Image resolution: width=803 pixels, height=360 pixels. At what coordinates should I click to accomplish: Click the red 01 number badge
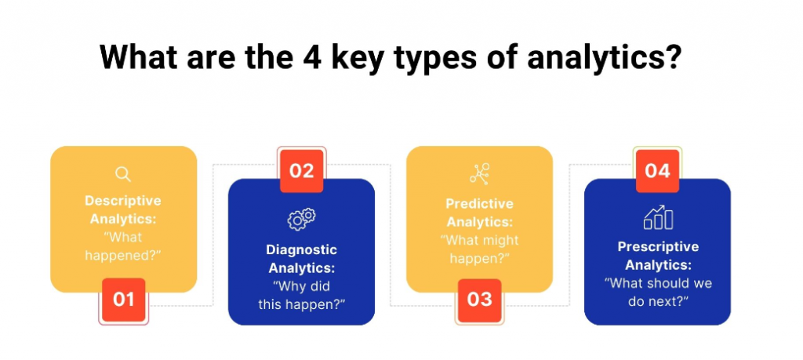tap(124, 299)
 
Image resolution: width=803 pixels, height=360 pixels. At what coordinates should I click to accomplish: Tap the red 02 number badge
tap(302, 170)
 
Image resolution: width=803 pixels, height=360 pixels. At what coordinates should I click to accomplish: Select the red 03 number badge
tap(479, 299)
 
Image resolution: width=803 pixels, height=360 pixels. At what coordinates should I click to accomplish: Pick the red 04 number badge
tap(657, 170)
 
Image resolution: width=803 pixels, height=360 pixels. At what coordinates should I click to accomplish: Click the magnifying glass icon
tap(123, 174)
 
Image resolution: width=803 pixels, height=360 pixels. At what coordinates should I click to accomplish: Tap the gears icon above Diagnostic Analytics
tap(301, 219)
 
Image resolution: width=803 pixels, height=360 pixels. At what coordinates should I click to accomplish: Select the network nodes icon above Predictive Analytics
tap(479, 173)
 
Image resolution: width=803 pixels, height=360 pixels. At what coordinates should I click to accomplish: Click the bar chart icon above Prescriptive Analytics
tap(658, 218)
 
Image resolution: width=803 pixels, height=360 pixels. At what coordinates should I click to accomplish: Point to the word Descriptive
tap(123, 200)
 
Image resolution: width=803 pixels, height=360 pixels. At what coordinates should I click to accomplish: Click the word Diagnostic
tap(301, 250)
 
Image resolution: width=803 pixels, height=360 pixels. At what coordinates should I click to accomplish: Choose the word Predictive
tap(479, 203)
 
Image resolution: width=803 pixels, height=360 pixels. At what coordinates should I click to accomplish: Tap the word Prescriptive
tap(657, 247)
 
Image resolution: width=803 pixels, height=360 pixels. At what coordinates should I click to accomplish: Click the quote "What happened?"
tap(123, 245)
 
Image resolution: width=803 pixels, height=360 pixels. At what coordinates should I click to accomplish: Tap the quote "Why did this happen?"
tap(301, 294)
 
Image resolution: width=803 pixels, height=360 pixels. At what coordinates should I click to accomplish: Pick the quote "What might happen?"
tap(479, 249)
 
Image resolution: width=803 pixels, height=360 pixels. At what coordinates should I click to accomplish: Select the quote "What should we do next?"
tap(657, 292)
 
